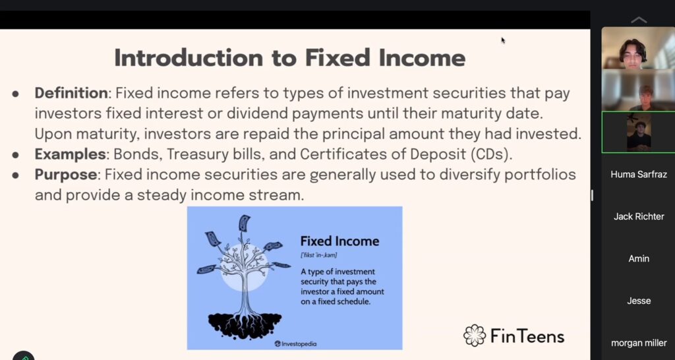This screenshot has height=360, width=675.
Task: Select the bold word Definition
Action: (x=71, y=92)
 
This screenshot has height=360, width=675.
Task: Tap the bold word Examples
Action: (x=70, y=154)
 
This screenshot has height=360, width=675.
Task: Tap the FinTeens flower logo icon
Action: (x=475, y=336)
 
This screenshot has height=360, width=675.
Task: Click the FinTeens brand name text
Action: (x=527, y=336)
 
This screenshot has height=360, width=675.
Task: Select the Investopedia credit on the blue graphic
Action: (x=295, y=344)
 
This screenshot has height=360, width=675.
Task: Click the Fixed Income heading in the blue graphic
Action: (x=339, y=241)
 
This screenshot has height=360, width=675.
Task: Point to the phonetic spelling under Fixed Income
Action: (x=318, y=255)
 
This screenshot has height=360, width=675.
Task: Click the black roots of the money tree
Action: (x=245, y=324)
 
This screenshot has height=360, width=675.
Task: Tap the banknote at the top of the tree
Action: (x=245, y=223)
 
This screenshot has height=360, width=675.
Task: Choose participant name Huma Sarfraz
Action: (x=638, y=175)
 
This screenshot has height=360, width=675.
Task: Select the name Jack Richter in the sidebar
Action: (x=638, y=217)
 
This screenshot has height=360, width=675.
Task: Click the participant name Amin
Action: (x=638, y=259)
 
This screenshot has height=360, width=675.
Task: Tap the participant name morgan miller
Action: (x=638, y=344)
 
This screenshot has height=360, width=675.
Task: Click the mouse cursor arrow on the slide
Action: (x=503, y=40)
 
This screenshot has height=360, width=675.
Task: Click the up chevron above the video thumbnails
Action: (x=639, y=20)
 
